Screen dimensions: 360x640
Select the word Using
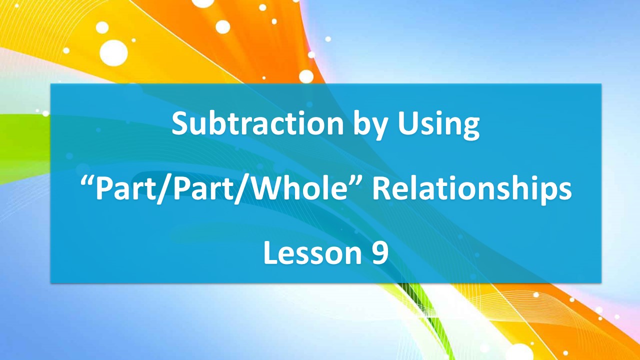pyautogui.click(x=439, y=125)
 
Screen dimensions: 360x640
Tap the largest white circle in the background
pyautogui.click(x=114, y=52)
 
